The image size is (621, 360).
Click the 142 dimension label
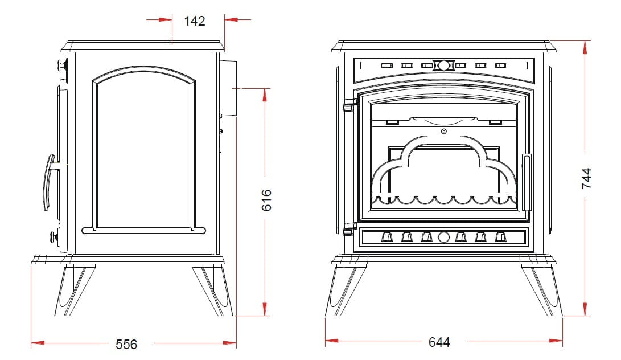[195, 21]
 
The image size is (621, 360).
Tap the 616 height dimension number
[267, 200]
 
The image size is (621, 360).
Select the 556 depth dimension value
[126, 344]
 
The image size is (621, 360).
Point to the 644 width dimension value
[439, 342]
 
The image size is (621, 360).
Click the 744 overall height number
[586, 178]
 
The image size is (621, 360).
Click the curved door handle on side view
[49, 182]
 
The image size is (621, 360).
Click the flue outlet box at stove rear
[228, 88]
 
